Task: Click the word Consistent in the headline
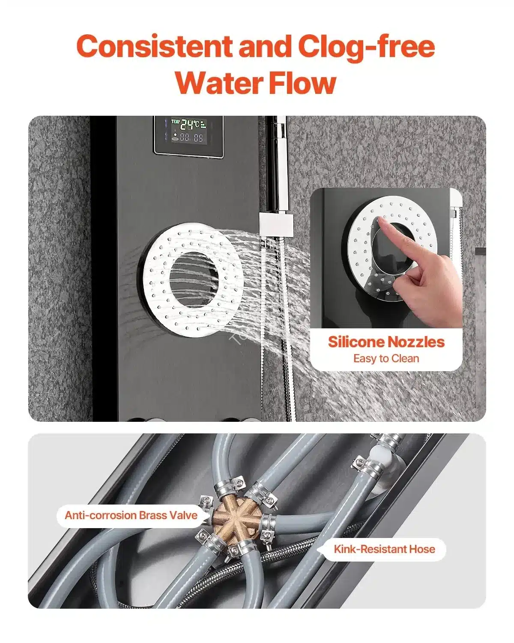point(154,47)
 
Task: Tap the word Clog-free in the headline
point(367,48)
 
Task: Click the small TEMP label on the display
point(175,121)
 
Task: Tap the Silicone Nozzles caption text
point(386,342)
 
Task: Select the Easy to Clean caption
point(386,358)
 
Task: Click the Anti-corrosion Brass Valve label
point(131,515)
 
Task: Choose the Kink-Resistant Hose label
point(384,549)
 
